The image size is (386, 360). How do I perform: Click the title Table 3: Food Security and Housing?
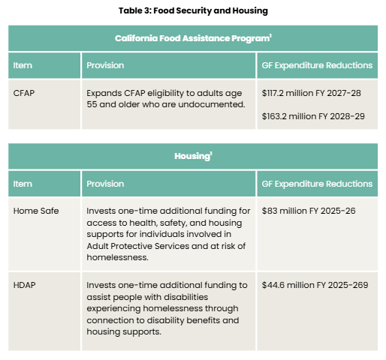[193, 10]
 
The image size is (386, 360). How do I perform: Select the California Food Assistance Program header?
[193, 38]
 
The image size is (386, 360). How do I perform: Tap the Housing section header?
[193, 156]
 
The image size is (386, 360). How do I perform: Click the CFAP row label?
[24, 93]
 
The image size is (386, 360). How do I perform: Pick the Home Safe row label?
[36, 211]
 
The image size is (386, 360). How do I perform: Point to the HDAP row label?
[24, 285]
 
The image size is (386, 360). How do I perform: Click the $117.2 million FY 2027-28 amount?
[312, 93]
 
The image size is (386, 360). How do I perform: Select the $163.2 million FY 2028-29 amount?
[313, 116]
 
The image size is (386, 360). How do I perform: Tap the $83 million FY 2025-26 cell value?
[309, 211]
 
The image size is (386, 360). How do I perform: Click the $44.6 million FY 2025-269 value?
[315, 285]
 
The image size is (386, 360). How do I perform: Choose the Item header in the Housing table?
[23, 184]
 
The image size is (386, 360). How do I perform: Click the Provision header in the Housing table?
[105, 184]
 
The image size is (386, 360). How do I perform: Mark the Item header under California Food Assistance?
[23, 65]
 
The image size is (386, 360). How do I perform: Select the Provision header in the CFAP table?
[105, 65]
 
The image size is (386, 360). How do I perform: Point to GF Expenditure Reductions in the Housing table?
[317, 184]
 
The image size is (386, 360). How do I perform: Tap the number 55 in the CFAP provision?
[92, 104]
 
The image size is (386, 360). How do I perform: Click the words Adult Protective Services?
[138, 246]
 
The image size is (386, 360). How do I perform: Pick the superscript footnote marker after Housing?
[211, 153]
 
